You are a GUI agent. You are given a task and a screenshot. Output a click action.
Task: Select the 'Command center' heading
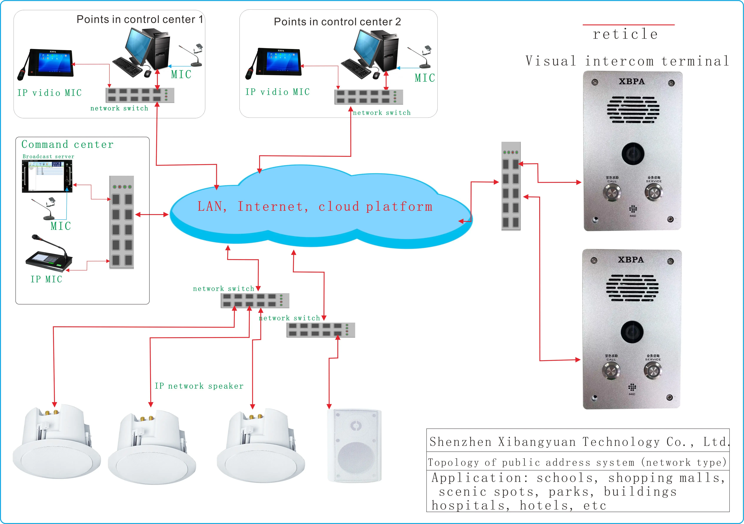[x=67, y=144]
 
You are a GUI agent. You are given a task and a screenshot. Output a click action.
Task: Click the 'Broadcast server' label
[x=48, y=156]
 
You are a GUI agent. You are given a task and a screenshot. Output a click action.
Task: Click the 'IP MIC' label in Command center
[x=46, y=279]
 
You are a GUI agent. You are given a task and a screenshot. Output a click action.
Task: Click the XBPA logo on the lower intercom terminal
[x=631, y=260]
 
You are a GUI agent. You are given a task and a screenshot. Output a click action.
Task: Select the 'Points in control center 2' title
[x=337, y=22]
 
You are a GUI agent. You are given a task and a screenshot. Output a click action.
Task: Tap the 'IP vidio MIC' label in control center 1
[x=50, y=93]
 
